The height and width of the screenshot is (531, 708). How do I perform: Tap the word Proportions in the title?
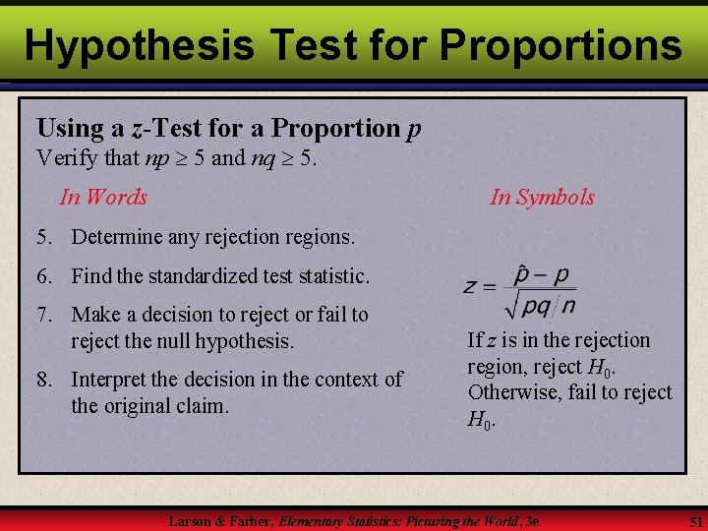pyautogui.click(x=560, y=44)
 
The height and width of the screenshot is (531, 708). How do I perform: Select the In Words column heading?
pyautogui.click(x=103, y=197)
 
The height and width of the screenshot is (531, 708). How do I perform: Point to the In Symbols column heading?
pyautogui.click(x=542, y=197)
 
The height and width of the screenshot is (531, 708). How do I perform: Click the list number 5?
pyautogui.click(x=43, y=237)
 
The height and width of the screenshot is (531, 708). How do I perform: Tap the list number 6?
pyautogui.click(x=43, y=277)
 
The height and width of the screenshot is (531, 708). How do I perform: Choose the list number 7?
pyautogui.click(x=43, y=315)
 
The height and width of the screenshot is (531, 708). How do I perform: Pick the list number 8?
pyautogui.click(x=43, y=380)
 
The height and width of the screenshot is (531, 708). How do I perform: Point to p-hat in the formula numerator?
pyautogui.click(x=522, y=274)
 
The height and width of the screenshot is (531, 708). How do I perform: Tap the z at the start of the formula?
pyautogui.click(x=471, y=288)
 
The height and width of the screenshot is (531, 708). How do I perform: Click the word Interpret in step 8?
pyautogui.click(x=111, y=380)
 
